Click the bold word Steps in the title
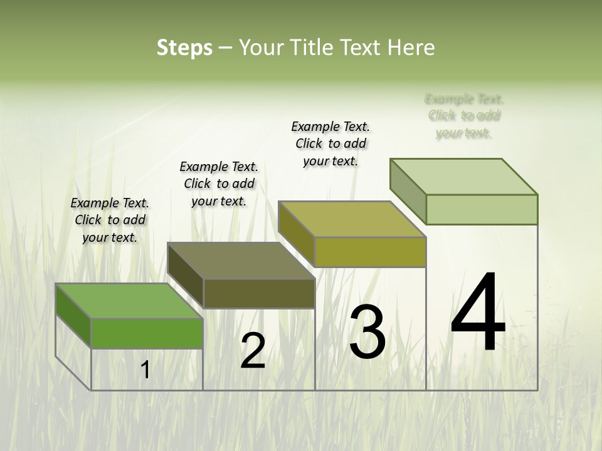coord(184,48)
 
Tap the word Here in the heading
coord(413,48)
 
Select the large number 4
coord(478,313)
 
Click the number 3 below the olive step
coord(367,332)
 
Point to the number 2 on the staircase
coord(253,351)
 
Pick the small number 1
coord(145,370)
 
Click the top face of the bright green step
coord(129,301)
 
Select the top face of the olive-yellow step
coord(352,220)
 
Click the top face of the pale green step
coord(464,177)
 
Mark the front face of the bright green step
coord(147,333)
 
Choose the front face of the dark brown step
coord(259,293)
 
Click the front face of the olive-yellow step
coord(370,252)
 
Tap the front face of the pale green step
coord(482,209)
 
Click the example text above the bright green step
coord(110,220)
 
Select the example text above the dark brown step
coord(219,184)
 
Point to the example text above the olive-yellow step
coord(330,143)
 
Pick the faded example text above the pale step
coord(464,116)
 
